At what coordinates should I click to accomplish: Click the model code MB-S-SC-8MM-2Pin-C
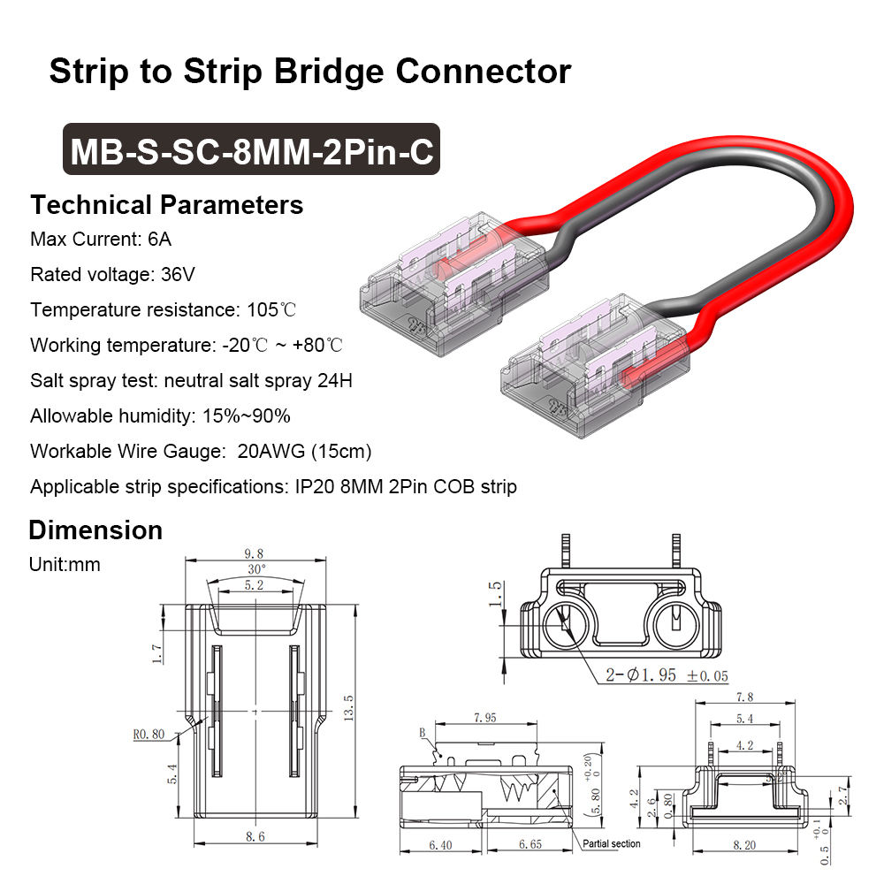point(251,149)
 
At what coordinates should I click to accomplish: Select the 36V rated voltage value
point(178,274)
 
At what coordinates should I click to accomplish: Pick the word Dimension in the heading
point(95,530)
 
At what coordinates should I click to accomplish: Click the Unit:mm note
point(65,564)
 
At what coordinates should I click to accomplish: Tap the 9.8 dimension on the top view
point(255,554)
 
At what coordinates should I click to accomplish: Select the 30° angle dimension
point(256,568)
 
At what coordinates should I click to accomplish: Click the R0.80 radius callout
point(149,733)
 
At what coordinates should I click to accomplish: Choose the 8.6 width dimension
point(255,835)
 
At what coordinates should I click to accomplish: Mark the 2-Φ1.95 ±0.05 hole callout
point(667,675)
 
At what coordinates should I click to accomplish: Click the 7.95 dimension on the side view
point(485,717)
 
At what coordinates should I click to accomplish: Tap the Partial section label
point(612,843)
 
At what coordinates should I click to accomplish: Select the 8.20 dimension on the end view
point(744,845)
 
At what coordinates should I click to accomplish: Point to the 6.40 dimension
point(439,845)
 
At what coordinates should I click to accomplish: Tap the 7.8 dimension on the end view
point(744,697)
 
